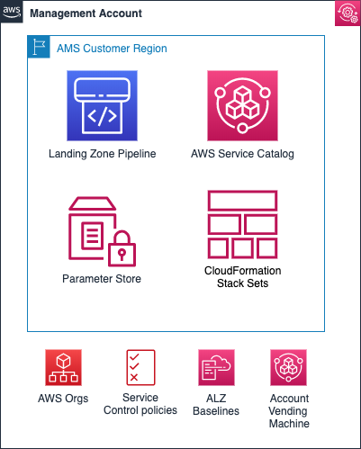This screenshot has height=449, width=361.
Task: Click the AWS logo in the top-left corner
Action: [12, 13]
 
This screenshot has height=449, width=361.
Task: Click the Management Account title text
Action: [86, 13]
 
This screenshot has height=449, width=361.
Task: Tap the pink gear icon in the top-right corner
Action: [347, 13]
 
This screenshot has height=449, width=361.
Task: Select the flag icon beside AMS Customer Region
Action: [40, 48]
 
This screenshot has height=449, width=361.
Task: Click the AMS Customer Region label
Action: [112, 48]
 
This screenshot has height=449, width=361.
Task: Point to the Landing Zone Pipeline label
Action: [103, 154]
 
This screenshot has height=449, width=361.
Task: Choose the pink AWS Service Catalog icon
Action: [242, 108]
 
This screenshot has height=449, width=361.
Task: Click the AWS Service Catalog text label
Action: [242, 154]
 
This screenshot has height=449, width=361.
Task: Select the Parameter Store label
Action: [102, 279]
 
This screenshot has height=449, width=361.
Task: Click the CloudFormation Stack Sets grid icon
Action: [241, 224]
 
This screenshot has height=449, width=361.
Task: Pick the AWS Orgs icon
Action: [64, 368]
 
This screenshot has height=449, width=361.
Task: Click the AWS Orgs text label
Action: [64, 399]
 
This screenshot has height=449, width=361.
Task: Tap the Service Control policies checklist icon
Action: [140, 368]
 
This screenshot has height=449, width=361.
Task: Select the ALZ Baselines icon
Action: [216, 368]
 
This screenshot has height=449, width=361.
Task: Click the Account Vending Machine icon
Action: [289, 368]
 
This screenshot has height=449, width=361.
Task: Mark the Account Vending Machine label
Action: [289, 410]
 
